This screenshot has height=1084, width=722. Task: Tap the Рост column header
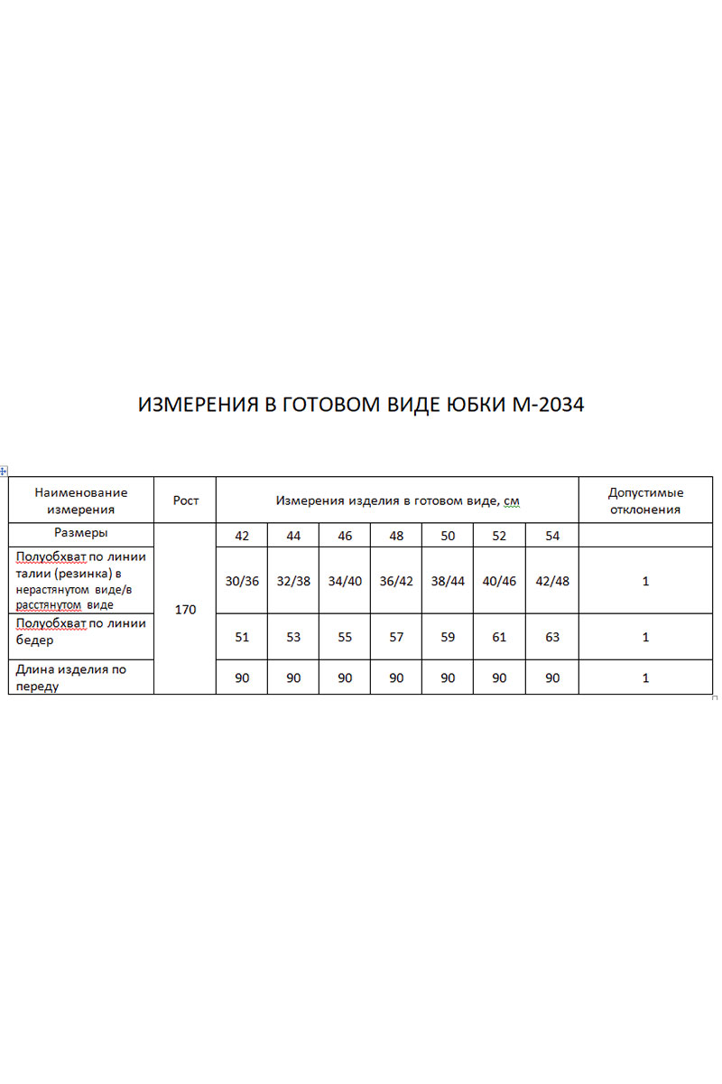pyautogui.click(x=185, y=500)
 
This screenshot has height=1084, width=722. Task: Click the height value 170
pyautogui.click(x=185, y=610)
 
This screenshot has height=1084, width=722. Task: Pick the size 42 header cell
pyautogui.click(x=242, y=536)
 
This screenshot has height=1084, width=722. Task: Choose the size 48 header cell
pyautogui.click(x=396, y=536)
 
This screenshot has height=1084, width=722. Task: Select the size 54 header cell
pyautogui.click(x=552, y=536)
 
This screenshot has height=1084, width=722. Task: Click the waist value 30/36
pyautogui.click(x=242, y=581)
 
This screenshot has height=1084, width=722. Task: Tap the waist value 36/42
pyautogui.click(x=396, y=581)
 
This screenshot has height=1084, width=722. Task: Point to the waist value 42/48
pyautogui.click(x=552, y=581)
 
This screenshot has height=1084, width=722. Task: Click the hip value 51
pyautogui.click(x=242, y=637)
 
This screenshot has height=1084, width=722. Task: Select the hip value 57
pyautogui.click(x=396, y=637)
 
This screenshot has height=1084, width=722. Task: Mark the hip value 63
pyautogui.click(x=552, y=637)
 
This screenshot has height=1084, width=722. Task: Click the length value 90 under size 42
pyautogui.click(x=242, y=677)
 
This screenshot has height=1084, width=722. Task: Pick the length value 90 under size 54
pyautogui.click(x=552, y=677)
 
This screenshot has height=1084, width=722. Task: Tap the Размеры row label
pyautogui.click(x=81, y=534)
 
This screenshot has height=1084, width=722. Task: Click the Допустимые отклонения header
pyautogui.click(x=645, y=500)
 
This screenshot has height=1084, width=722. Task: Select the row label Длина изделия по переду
pyautogui.click(x=70, y=677)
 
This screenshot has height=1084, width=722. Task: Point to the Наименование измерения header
pyautogui.click(x=81, y=500)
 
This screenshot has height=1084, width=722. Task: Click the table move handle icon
pyautogui.click(x=4, y=472)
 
